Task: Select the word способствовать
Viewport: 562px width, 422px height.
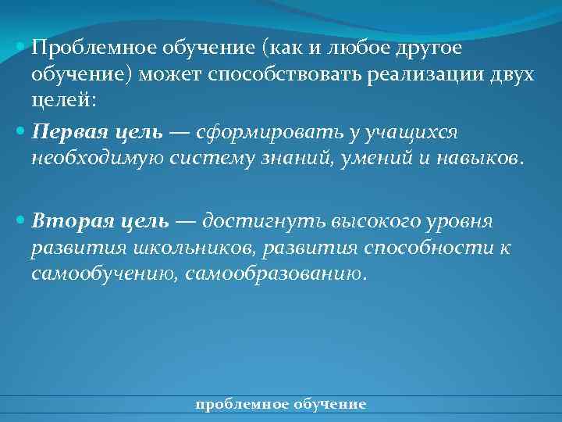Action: [309, 76]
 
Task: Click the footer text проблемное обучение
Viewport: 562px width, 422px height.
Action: [281, 404]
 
